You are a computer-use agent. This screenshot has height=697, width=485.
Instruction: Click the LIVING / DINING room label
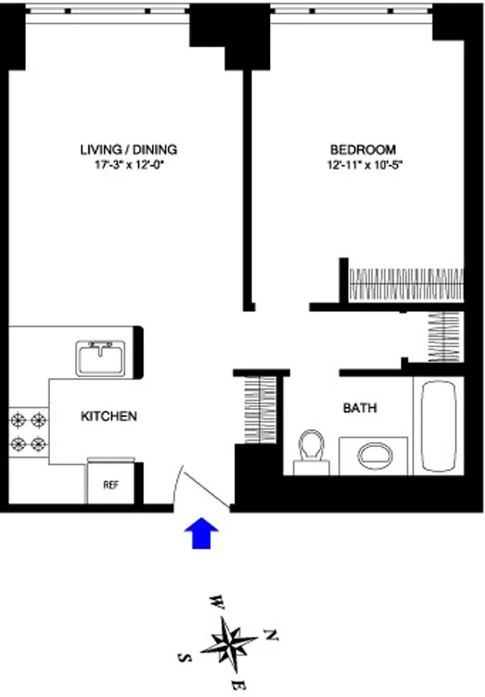128,150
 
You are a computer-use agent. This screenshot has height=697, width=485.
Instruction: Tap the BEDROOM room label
363,150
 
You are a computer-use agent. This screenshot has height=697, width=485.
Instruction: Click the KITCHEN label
108,416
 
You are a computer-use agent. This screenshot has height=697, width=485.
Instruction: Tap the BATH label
360,408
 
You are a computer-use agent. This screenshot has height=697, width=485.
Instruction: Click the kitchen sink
101,358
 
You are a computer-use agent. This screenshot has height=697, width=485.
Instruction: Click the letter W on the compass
217,602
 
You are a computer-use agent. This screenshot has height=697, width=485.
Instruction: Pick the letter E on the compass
235,686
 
